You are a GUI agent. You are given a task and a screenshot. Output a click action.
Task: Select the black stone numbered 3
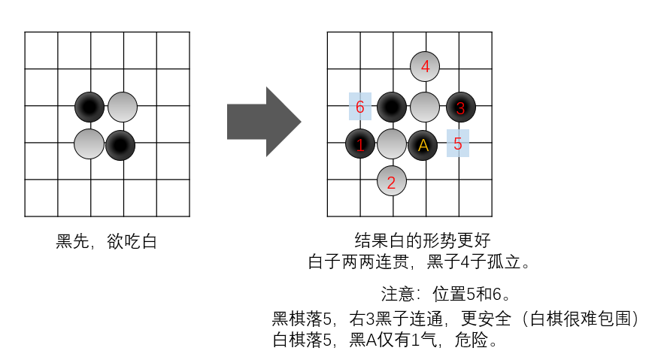[461, 107]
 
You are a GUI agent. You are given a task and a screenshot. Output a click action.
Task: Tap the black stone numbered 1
[360, 144]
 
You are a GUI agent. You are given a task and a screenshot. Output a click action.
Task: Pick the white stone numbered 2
[391, 180]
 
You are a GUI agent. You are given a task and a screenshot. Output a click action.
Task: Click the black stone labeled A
[423, 144]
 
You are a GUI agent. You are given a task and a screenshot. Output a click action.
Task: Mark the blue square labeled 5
[458, 143]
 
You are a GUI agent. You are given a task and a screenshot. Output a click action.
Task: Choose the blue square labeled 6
[360, 107]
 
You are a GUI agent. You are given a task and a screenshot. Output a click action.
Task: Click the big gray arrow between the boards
[263, 122]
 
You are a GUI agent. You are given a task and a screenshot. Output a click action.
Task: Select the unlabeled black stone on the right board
[392, 107]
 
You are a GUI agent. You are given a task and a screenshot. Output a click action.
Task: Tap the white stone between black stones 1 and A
[391, 144]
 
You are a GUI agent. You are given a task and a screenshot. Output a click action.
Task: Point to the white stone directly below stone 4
[425, 107]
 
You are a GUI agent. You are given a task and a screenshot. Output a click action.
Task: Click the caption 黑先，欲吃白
[106, 242]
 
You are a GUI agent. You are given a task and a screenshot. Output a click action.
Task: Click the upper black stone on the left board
[89, 107]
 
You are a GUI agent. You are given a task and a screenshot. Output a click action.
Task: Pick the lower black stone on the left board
[120, 144]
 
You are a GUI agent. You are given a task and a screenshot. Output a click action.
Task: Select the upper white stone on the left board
[123, 107]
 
